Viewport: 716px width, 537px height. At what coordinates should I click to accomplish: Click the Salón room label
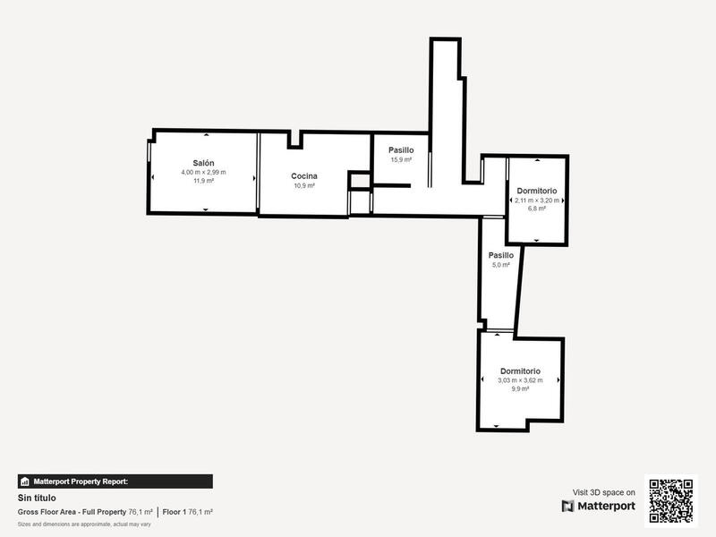(204, 163)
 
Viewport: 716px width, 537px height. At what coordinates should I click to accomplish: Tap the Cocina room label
(304, 176)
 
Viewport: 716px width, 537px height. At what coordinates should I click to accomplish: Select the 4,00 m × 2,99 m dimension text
(204, 172)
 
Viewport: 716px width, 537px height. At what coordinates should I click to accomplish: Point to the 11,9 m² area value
(204, 181)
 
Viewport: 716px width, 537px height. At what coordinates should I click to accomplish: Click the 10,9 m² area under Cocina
(304, 186)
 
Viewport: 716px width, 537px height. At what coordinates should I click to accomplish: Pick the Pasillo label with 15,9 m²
(400, 149)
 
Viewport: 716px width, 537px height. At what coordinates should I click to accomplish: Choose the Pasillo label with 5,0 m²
(500, 255)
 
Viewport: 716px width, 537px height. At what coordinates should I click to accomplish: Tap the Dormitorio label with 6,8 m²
(537, 191)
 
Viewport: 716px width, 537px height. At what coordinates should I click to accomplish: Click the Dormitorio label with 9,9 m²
(520, 371)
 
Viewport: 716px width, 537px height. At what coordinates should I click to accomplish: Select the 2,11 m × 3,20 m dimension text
(537, 200)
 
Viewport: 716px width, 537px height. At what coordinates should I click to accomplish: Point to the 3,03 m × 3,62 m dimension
(520, 380)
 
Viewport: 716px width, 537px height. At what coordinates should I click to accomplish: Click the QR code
(670, 500)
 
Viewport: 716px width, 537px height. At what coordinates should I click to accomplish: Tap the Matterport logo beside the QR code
(599, 506)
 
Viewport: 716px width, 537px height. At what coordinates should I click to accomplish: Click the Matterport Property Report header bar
(115, 482)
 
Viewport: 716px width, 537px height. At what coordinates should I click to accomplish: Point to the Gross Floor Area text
(72, 512)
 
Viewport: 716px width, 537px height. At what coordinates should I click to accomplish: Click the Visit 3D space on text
(604, 492)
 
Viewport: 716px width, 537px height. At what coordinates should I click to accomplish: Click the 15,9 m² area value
(400, 159)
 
